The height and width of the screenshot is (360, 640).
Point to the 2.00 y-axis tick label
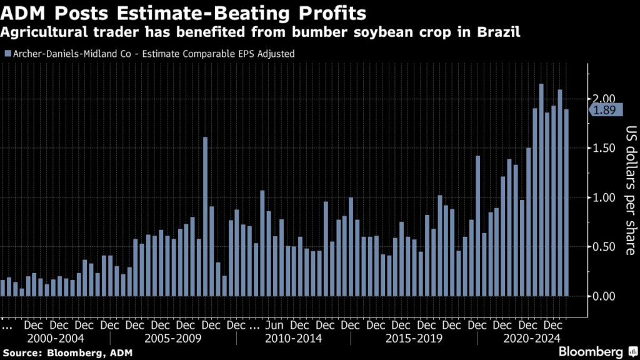pos(605,99)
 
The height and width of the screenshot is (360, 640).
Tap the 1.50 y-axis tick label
pos(605,148)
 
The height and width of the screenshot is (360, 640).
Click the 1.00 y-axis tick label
pos(605,197)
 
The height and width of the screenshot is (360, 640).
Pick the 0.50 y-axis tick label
pos(605,247)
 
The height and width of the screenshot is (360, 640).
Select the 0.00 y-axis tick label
pos(605,296)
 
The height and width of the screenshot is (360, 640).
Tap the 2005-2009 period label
pos(172,339)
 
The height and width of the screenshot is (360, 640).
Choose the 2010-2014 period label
pos(294,339)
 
